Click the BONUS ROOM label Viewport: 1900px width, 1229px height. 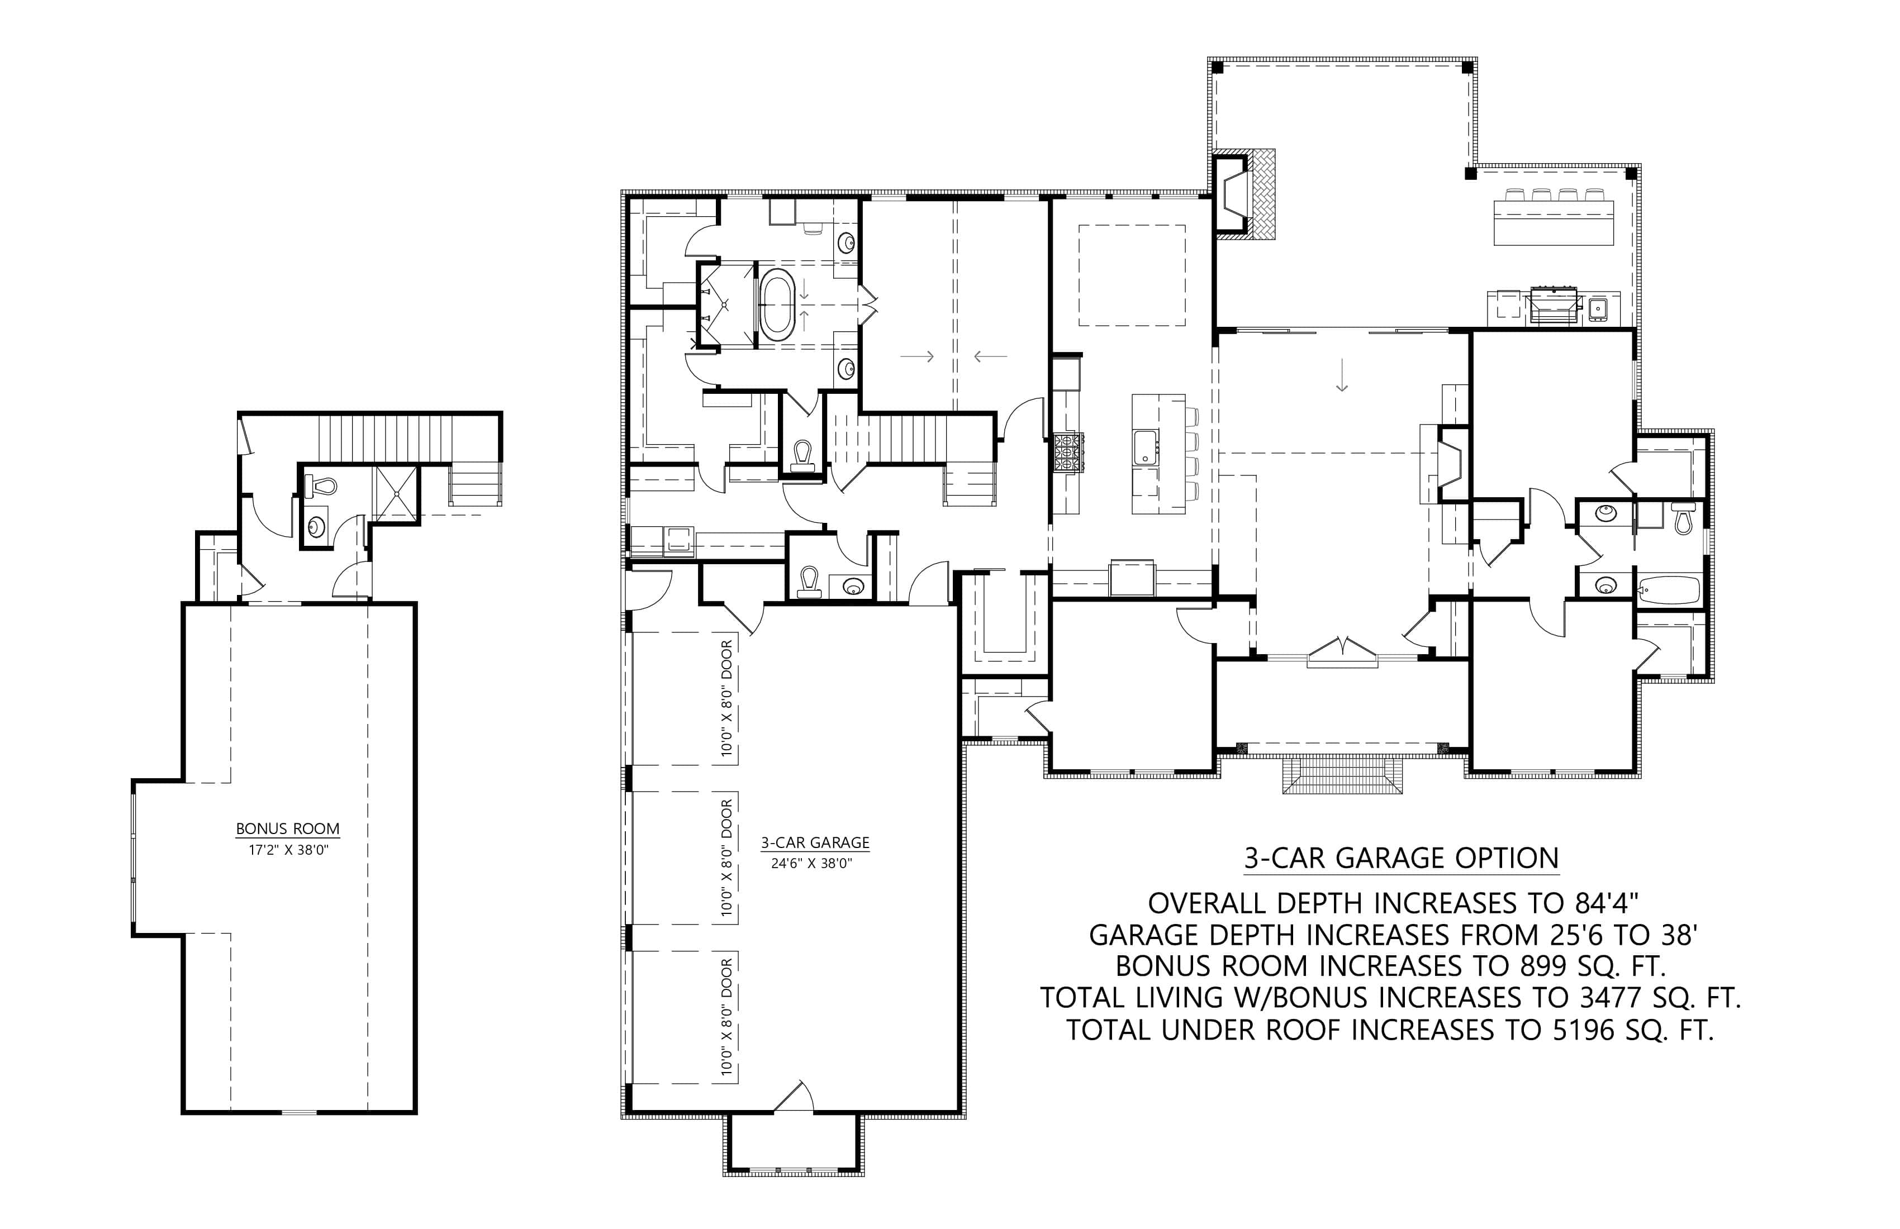click(287, 828)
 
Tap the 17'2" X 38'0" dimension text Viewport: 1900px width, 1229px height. click(288, 851)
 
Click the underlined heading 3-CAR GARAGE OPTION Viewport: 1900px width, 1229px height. click(1401, 858)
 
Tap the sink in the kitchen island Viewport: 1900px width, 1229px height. click(1146, 446)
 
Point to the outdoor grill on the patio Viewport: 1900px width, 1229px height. click(1553, 305)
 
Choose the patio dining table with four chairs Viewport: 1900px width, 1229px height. click(1554, 217)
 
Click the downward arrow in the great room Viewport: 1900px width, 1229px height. click(1342, 375)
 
